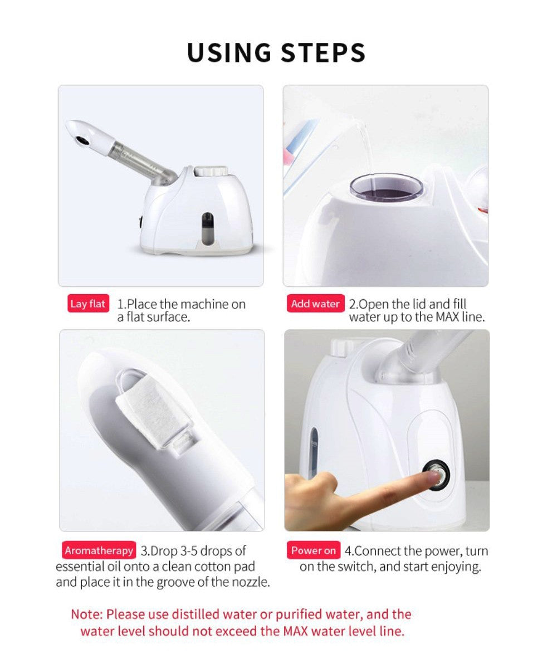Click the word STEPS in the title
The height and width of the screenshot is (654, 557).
[x=323, y=52]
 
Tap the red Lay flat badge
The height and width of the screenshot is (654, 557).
[x=88, y=304]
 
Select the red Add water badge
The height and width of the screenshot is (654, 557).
[x=315, y=304]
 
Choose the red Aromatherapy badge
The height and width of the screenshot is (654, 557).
[x=99, y=550]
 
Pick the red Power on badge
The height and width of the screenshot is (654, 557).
[x=313, y=550]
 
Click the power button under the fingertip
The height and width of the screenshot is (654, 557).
[x=437, y=475]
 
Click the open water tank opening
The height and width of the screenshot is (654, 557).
[x=387, y=187]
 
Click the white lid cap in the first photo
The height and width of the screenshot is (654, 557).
[x=211, y=171]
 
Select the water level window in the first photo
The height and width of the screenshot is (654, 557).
[x=207, y=229]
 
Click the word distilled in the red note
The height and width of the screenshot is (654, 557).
[x=196, y=614]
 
